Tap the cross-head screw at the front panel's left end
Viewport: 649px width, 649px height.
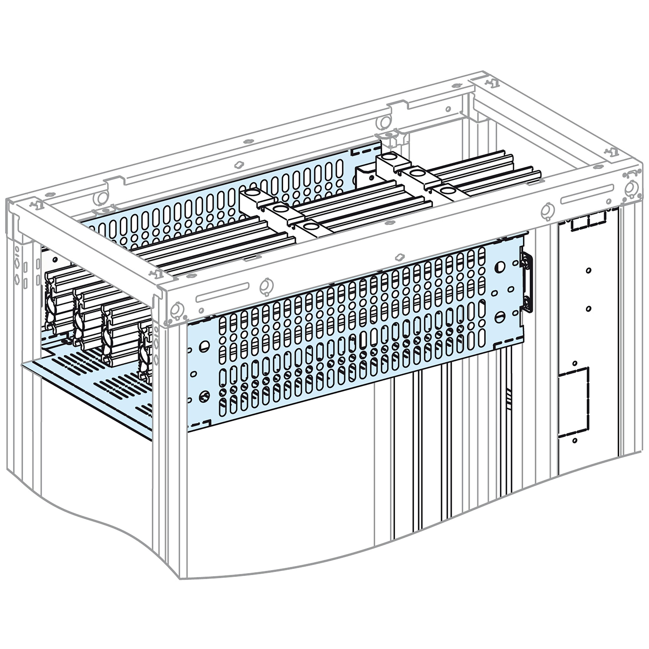pos(204,396)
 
